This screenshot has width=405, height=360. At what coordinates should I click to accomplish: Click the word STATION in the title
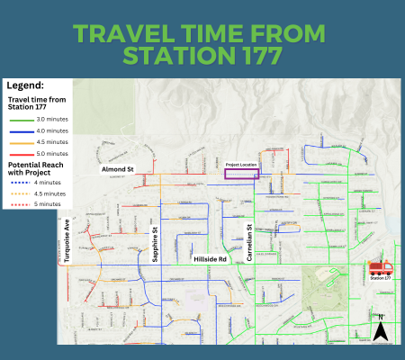(172, 57)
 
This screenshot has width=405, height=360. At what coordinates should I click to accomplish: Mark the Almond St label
(117, 168)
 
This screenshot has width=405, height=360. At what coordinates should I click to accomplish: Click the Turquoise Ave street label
(67, 237)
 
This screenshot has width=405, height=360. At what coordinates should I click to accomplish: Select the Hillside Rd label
(211, 258)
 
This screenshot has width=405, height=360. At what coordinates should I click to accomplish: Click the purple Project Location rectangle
(240, 175)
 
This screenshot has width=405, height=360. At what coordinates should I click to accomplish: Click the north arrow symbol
(381, 330)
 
